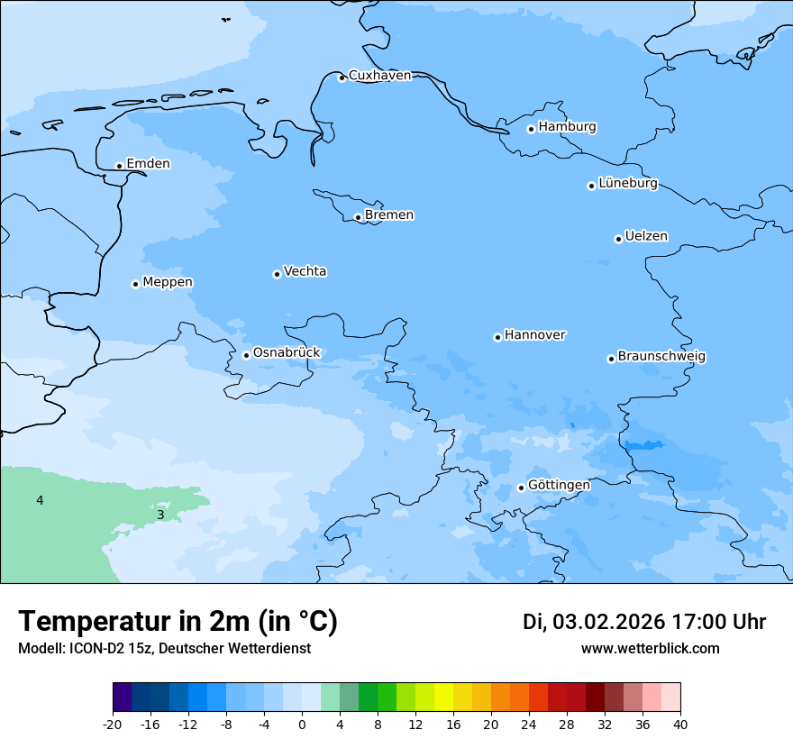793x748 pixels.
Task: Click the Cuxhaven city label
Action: pyautogui.click(x=379, y=76)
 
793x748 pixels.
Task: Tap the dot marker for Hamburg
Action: pyautogui.click(x=531, y=129)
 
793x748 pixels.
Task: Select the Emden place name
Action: pyautogui.click(x=148, y=164)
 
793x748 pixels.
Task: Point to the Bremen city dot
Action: pyautogui.click(x=358, y=217)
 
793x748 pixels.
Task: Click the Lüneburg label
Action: pyautogui.click(x=628, y=184)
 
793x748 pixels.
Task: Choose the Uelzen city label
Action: pyautogui.click(x=646, y=237)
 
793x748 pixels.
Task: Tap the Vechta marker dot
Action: pyautogui.click(x=277, y=274)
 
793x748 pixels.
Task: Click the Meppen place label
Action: pyautogui.click(x=168, y=283)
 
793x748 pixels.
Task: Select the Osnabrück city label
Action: pyautogui.click(x=287, y=353)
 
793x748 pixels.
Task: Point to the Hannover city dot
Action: pyautogui.click(x=497, y=337)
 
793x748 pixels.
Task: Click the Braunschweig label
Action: pyautogui.click(x=661, y=357)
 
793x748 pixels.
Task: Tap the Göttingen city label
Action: pyautogui.click(x=559, y=486)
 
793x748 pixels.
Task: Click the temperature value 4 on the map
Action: pyautogui.click(x=40, y=500)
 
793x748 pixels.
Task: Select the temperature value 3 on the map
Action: pyautogui.click(x=160, y=515)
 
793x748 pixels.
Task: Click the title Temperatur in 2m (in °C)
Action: pyautogui.click(x=178, y=622)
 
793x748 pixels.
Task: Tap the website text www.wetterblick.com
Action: pyautogui.click(x=650, y=649)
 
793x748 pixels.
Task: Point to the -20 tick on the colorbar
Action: pyautogui.click(x=113, y=725)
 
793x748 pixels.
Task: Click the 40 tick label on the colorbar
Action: pyautogui.click(x=680, y=725)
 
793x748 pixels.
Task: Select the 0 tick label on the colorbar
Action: pyautogui.click(x=302, y=725)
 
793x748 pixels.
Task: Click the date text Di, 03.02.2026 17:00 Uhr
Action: pyautogui.click(x=644, y=622)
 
